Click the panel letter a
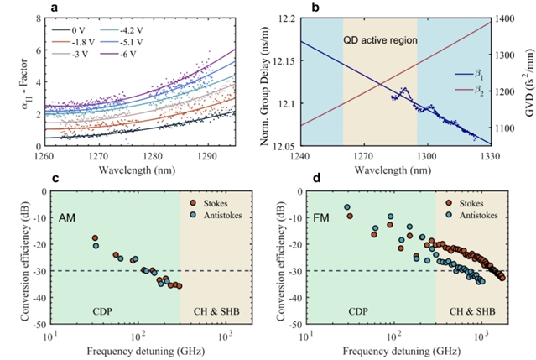pos(55,8)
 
